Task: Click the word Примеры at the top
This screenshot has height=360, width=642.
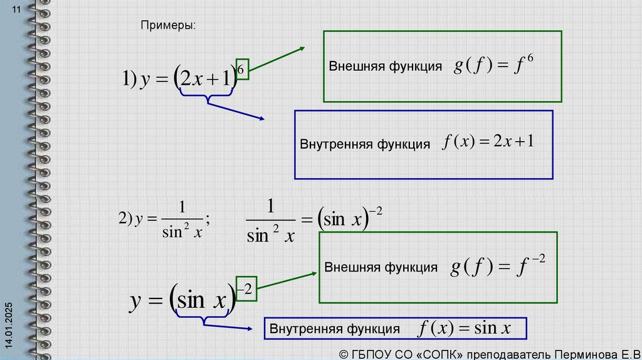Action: pos(168,26)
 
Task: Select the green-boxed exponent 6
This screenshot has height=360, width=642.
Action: pos(241,68)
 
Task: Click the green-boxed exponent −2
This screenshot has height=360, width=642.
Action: pos(246,289)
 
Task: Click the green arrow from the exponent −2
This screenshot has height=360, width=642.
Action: pos(286,281)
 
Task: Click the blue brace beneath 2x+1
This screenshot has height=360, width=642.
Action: pos(207,96)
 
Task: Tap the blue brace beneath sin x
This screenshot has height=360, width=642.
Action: pos(203,319)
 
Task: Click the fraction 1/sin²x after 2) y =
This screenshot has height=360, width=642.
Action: pos(182,219)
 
